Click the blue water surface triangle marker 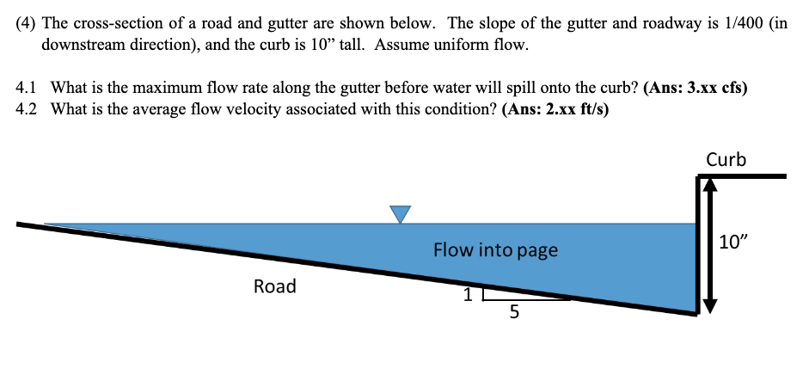coord(400,214)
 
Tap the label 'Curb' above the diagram coord(726,159)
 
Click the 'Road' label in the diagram coord(274,286)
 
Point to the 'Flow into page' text coord(495,250)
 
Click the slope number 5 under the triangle coord(514,313)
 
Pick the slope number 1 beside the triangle coord(468,295)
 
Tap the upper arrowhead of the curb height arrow coord(710,183)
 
